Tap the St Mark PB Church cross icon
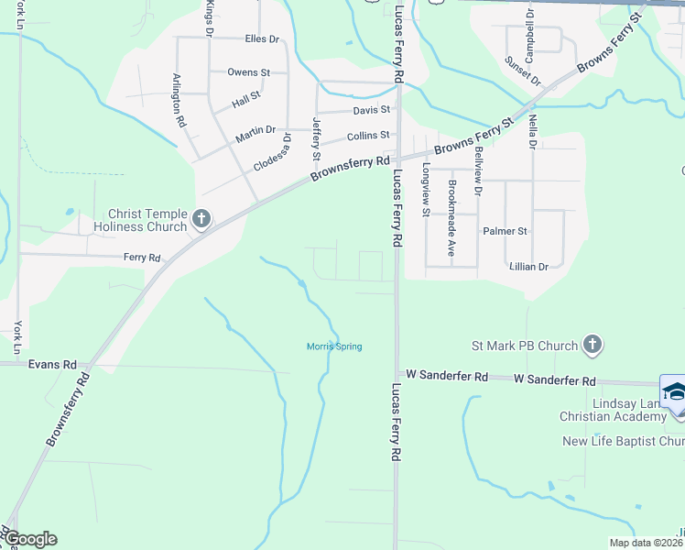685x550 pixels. [593, 346]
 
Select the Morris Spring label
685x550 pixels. [333, 346]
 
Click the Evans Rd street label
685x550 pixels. [52, 364]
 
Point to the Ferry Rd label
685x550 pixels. [142, 258]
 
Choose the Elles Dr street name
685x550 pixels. [262, 39]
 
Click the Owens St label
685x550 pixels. [248, 71]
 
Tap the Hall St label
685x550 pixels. [246, 95]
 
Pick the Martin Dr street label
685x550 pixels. [255, 134]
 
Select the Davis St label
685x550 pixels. [372, 110]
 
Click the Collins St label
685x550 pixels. [368, 136]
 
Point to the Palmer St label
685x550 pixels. [506, 232]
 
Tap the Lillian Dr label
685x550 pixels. [528, 267]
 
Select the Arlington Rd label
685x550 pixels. [180, 101]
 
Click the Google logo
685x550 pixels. [29, 538]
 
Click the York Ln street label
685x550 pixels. [17, 337]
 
